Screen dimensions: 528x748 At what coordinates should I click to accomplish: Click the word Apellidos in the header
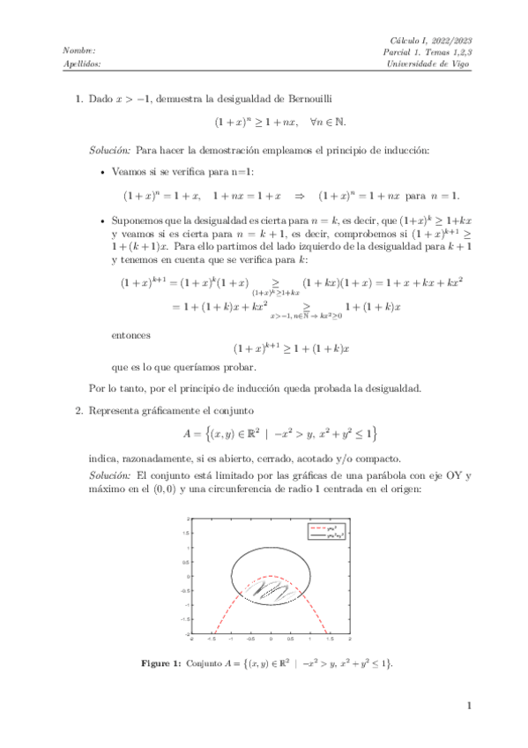click(x=83, y=64)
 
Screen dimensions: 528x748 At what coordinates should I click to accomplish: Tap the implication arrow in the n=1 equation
click(x=299, y=195)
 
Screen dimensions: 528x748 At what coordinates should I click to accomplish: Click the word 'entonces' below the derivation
click(x=131, y=335)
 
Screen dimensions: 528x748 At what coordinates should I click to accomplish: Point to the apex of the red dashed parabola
click(x=270, y=578)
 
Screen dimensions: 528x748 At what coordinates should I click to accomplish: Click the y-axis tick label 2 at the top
click(x=188, y=521)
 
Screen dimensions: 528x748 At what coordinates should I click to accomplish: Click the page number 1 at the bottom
click(x=470, y=706)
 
